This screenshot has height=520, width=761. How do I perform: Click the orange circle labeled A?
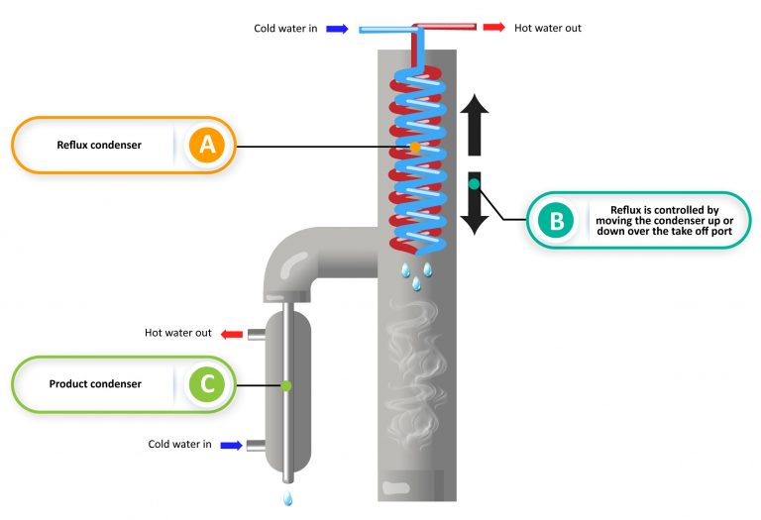point(206,146)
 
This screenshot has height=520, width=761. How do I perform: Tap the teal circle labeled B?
point(556,220)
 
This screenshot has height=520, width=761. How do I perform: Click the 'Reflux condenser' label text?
point(99,146)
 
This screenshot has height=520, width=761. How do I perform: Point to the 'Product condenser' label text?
point(95,383)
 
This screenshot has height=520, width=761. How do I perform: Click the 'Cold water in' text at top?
point(285,29)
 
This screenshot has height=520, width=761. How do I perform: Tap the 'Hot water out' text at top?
point(547,28)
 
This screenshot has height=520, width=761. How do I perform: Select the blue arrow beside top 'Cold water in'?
point(337,29)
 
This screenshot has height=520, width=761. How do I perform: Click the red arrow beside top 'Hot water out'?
point(493,27)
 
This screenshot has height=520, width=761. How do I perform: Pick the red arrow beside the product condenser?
point(231,334)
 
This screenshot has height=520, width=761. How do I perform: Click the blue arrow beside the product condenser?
point(231,446)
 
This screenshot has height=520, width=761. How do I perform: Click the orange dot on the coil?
point(414,147)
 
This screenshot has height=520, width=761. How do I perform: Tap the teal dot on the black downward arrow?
point(474,183)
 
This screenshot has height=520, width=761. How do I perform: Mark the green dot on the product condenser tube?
point(285,384)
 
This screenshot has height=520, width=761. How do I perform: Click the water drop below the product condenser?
point(287,498)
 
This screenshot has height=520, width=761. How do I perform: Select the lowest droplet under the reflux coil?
point(416,284)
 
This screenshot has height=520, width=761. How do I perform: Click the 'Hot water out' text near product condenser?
point(178,333)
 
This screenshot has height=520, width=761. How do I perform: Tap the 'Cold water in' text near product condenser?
point(179,445)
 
